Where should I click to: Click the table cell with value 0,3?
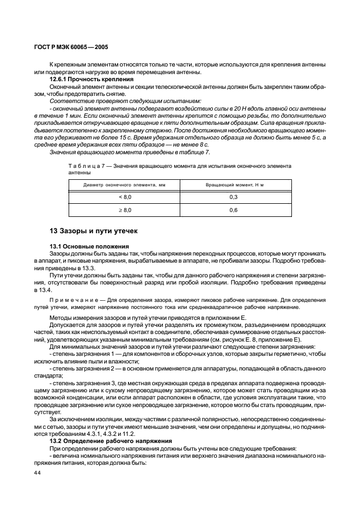(234, 197)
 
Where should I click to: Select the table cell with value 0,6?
(234, 210)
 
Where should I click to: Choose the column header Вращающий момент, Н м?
(234, 185)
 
